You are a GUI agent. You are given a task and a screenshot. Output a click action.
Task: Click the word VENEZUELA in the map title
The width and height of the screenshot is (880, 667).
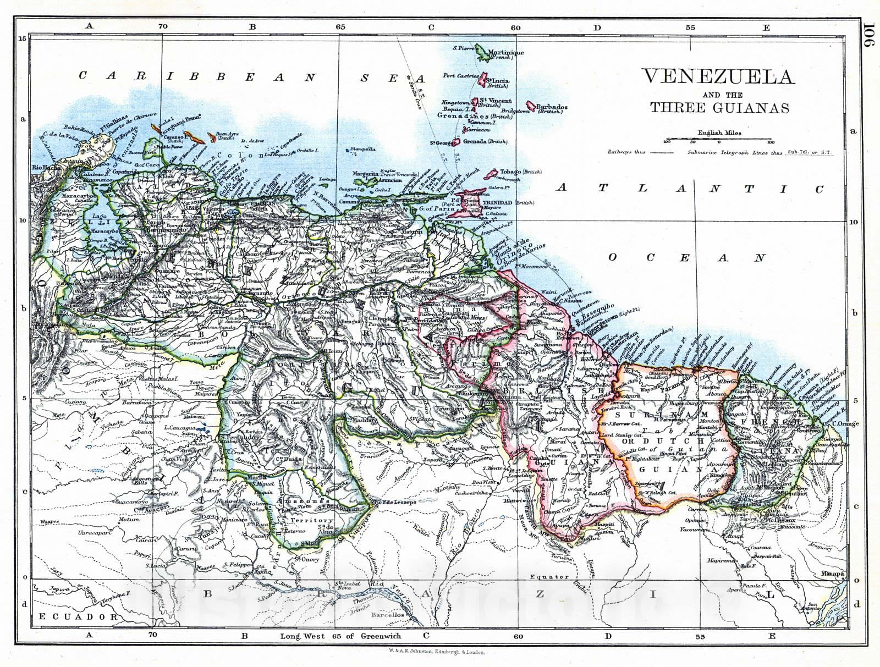point(718,76)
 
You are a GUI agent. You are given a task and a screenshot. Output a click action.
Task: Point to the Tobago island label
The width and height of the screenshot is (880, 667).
point(510,172)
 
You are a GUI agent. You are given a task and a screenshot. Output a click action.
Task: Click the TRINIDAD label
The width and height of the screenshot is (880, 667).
point(498,203)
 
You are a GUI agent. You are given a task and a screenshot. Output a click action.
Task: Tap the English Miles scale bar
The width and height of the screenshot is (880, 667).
point(718,140)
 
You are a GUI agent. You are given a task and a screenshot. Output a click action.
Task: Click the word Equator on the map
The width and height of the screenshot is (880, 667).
point(550,576)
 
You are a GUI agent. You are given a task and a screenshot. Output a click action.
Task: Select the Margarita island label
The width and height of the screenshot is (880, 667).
point(366,173)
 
